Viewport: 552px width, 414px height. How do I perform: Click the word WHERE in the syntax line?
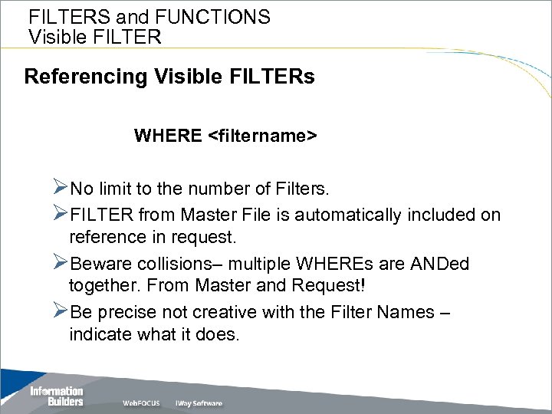click(168, 136)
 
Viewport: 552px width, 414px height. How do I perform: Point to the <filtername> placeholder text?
click(262, 136)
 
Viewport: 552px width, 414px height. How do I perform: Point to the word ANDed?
click(440, 264)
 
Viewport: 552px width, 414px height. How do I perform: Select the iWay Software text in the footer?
click(199, 403)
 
